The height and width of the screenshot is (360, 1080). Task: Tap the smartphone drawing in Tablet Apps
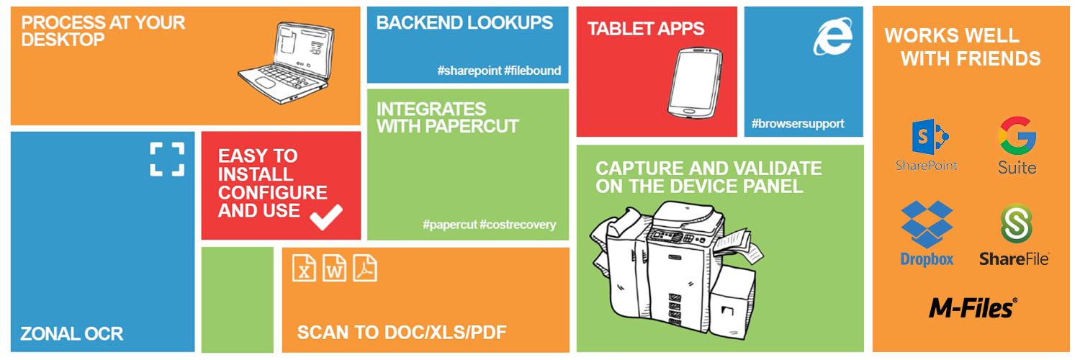click(694, 83)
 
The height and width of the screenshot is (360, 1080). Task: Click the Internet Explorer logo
click(832, 36)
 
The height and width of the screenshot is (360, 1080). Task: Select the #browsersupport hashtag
click(798, 124)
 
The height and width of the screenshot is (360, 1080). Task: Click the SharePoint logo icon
click(930, 137)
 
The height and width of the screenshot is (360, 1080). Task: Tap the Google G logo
click(1017, 135)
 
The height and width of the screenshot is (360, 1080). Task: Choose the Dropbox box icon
click(927, 224)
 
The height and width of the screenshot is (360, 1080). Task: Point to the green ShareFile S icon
click(1017, 224)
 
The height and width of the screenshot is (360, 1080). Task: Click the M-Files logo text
click(973, 308)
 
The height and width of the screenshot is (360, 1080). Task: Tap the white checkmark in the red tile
click(326, 217)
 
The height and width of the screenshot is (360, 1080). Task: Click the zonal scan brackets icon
click(167, 159)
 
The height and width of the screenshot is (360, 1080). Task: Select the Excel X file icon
click(305, 267)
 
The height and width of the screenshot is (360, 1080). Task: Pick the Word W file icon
click(335, 267)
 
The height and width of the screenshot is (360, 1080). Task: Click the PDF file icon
click(365, 267)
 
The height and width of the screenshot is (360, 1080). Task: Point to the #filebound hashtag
click(532, 71)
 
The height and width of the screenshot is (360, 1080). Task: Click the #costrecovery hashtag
click(518, 225)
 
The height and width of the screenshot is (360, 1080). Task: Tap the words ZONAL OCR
click(72, 333)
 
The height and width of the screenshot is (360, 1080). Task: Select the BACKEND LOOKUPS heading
click(464, 22)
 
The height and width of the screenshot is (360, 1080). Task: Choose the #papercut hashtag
click(449, 225)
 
